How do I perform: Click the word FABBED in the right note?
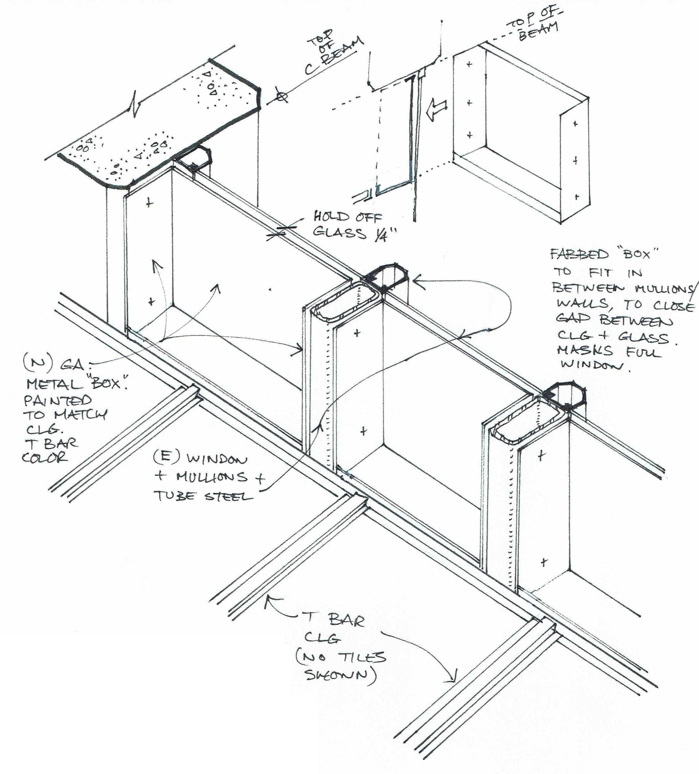point(580,254)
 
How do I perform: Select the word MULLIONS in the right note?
point(664,288)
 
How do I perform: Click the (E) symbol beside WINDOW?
point(166,457)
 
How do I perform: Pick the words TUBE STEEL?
point(203,496)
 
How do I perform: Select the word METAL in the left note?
point(54,383)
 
